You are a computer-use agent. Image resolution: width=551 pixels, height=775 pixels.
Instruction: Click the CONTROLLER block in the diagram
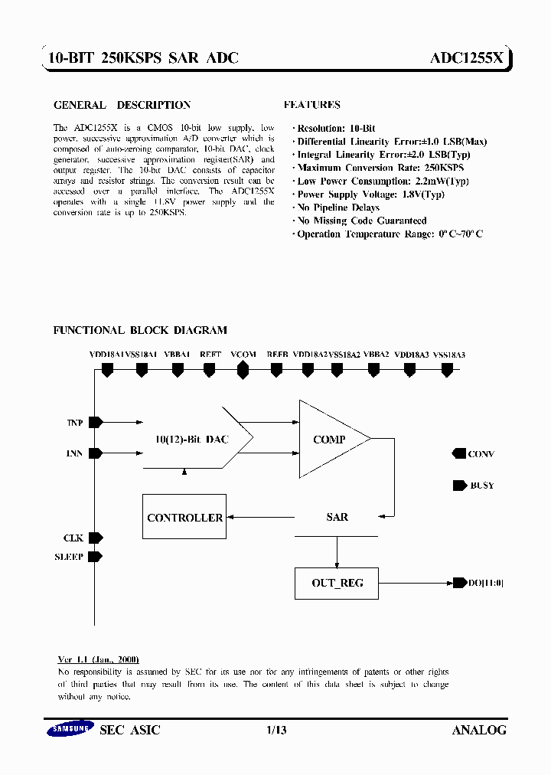coord(184,518)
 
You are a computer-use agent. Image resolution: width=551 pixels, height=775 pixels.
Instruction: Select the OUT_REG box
coord(337,583)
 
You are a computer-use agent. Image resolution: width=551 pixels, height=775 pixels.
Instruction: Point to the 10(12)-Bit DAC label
coord(191,440)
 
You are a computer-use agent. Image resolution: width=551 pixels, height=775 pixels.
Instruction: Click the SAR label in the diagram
coord(337,518)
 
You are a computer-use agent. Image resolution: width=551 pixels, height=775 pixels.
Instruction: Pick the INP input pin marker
coord(96,422)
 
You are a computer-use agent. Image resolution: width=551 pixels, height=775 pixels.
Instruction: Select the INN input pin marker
coord(96,453)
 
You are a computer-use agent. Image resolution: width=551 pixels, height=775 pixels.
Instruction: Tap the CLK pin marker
coord(96,538)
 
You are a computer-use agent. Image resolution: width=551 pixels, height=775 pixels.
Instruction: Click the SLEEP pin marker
coord(96,557)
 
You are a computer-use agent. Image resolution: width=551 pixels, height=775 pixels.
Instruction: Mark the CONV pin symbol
coord(459,454)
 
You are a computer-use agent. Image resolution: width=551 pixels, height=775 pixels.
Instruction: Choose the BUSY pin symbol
coord(459,486)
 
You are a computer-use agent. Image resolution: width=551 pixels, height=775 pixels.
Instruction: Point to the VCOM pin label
coord(243,355)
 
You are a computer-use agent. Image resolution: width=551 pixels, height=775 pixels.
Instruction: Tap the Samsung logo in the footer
coord(70,730)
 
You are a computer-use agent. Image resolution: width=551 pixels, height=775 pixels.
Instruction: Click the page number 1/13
coord(275,731)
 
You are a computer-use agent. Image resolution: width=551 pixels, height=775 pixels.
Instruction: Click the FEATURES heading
coord(311,105)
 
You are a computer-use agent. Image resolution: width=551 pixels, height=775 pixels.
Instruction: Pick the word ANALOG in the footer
coord(479,731)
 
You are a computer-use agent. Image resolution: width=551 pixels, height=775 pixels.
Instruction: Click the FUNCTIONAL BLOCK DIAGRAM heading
coord(140,330)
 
